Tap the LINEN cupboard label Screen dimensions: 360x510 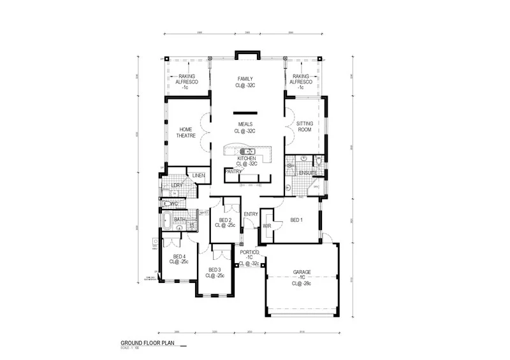coord(198,176)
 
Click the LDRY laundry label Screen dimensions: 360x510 coord(177,186)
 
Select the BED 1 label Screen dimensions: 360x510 coord(296,220)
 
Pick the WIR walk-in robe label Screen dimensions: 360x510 coord(268,225)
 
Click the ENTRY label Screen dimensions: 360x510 coord(250,213)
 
